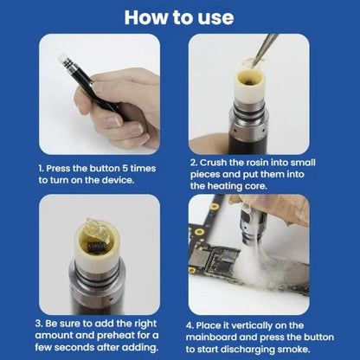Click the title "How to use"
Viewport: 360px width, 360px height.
pos(179,17)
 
